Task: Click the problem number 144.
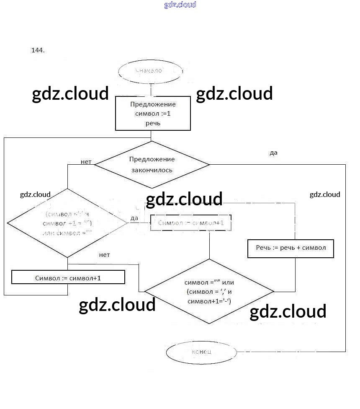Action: pos(38,50)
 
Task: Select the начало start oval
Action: pos(151,70)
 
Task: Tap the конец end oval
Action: pos(201,352)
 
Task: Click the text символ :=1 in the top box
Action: pos(153,114)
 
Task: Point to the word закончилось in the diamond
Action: pos(152,170)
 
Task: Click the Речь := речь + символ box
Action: pos(291,248)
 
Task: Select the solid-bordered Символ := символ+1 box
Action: pos(68,278)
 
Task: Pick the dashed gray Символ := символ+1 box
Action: pos(190,223)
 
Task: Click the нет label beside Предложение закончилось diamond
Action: pos(86,162)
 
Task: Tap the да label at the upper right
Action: pos(273,153)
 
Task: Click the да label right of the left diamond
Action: pos(134,218)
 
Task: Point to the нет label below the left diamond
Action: pos(104,255)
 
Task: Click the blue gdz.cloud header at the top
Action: pos(180,5)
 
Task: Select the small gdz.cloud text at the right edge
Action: pos(325,194)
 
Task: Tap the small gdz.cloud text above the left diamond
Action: pos(35,194)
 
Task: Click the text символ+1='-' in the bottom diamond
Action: pos(209,301)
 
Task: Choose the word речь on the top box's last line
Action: pos(153,124)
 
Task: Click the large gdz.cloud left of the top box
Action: pos(70,93)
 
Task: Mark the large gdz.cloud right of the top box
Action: pos(234,93)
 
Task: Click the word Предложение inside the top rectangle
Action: pos(153,104)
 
